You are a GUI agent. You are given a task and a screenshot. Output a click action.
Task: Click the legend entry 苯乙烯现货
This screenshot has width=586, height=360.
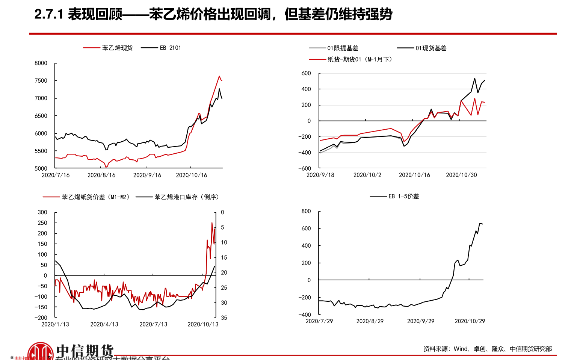tap(117, 48)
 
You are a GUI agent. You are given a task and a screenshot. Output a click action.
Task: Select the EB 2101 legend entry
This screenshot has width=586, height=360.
tap(170, 48)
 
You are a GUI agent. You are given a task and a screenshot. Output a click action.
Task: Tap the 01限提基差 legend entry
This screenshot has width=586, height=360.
tap(343, 48)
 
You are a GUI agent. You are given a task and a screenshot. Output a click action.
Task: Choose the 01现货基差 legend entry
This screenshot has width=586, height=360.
tap(431, 48)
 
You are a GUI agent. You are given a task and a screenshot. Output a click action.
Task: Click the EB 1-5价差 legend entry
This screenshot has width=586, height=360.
tap(403, 196)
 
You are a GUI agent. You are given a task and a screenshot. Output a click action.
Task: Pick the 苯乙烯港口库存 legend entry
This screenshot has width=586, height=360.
tap(186, 197)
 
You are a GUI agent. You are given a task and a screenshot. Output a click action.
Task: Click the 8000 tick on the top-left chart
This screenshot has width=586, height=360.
tap(41, 63)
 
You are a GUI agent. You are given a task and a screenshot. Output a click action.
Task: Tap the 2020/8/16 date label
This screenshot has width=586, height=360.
tap(101, 175)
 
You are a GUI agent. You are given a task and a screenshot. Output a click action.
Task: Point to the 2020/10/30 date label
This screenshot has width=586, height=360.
tap(461, 175)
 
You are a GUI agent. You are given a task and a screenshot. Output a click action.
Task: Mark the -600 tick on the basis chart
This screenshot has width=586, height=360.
tap(305, 168)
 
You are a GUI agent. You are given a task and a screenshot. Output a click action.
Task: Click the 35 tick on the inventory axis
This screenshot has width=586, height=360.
tap(224, 318)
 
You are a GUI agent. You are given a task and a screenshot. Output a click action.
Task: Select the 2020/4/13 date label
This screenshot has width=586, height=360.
tap(104, 324)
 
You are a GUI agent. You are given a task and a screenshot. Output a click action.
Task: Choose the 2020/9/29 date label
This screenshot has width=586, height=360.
tap(421, 321)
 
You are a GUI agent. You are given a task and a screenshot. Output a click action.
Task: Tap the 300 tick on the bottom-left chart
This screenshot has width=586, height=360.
tap(42, 212)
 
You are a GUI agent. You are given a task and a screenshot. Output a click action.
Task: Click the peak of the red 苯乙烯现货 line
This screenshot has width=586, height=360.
tap(219, 76)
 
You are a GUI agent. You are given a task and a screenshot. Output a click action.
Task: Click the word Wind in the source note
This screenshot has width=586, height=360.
tap(461, 349)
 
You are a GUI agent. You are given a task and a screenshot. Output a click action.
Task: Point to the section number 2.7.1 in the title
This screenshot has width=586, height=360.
tap(48, 15)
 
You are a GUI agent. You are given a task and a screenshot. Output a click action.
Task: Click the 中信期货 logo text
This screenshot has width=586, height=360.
tap(85, 351)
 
